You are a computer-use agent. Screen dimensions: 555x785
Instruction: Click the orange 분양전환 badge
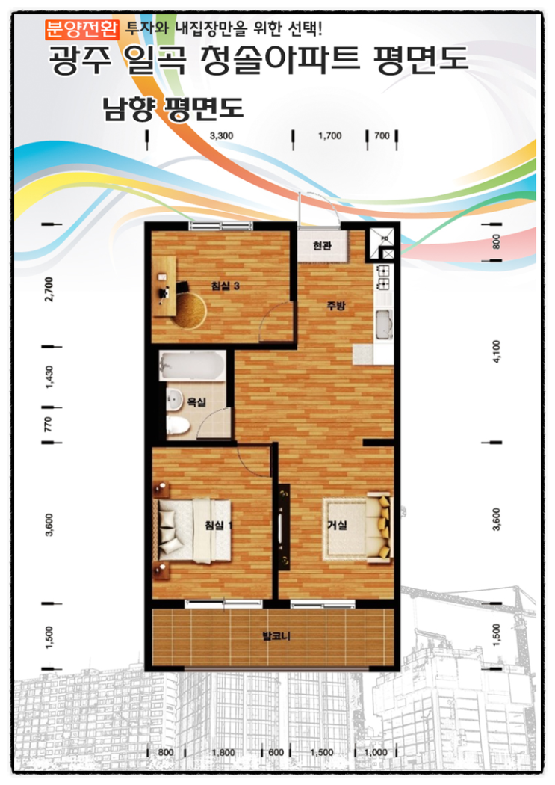click(82, 29)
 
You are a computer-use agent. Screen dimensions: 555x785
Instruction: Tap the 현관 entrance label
click(322, 245)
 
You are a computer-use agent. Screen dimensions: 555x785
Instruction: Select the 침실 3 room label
click(225, 286)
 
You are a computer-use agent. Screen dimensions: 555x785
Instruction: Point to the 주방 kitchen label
click(336, 305)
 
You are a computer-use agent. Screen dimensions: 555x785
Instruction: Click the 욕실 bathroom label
click(196, 401)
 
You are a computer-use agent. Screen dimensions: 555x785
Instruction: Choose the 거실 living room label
click(337, 524)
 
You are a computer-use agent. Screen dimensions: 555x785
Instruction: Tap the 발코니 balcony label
click(276, 636)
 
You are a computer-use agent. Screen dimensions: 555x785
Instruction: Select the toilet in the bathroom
click(178, 426)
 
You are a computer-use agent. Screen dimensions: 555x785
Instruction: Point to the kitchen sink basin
click(383, 325)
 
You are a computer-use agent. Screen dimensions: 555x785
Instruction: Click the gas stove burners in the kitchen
click(383, 278)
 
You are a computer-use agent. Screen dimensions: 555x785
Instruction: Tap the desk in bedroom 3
click(164, 286)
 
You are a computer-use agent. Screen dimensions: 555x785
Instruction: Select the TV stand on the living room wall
click(284, 526)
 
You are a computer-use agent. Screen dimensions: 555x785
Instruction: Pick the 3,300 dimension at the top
click(221, 135)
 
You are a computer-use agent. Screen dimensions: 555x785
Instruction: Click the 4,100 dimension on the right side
click(496, 351)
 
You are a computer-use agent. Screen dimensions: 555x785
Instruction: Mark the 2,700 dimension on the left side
click(49, 289)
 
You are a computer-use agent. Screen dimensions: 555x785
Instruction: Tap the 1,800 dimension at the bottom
click(223, 752)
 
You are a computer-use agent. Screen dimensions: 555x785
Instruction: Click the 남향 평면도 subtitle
click(173, 108)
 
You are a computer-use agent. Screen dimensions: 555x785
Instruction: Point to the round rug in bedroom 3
click(190, 310)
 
